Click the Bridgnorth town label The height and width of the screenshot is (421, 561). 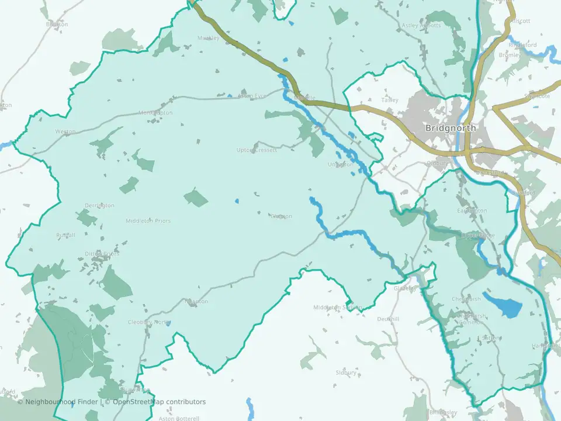[451, 128]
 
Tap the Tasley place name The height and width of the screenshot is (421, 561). [390, 100]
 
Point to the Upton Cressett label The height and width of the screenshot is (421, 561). [257, 150]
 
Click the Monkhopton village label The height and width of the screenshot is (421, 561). [155, 112]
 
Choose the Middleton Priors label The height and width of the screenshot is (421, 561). [148, 221]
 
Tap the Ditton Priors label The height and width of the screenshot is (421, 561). [102, 254]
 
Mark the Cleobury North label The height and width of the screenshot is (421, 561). [148, 322]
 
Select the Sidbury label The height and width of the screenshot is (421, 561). [346, 372]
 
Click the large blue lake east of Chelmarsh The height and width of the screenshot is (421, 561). [504, 306]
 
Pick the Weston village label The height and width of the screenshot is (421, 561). [65, 132]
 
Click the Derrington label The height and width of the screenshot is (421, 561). [99, 206]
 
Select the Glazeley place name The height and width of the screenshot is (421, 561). [405, 288]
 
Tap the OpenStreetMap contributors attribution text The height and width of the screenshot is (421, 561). [159, 402]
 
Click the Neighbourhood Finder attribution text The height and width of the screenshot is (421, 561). [57, 402]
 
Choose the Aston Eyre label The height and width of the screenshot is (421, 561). [252, 95]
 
